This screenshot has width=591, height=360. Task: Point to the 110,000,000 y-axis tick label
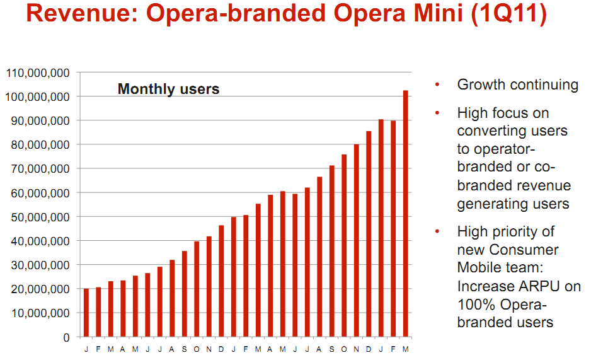pyautogui.click(x=37, y=73)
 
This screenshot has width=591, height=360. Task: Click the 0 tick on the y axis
pyautogui.click(x=65, y=337)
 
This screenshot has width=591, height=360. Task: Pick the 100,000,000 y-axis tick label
pyautogui.click(x=37, y=97)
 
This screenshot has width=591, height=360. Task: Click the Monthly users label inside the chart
pyautogui.click(x=168, y=89)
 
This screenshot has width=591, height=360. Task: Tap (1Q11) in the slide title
pyautogui.click(x=508, y=15)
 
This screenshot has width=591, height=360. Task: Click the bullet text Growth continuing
pyautogui.click(x=517, y=84)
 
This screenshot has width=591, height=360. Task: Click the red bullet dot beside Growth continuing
pyautogui.click(x=437, y=85)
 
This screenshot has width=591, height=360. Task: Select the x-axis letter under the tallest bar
pyautogui.click(x=406, y=349)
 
